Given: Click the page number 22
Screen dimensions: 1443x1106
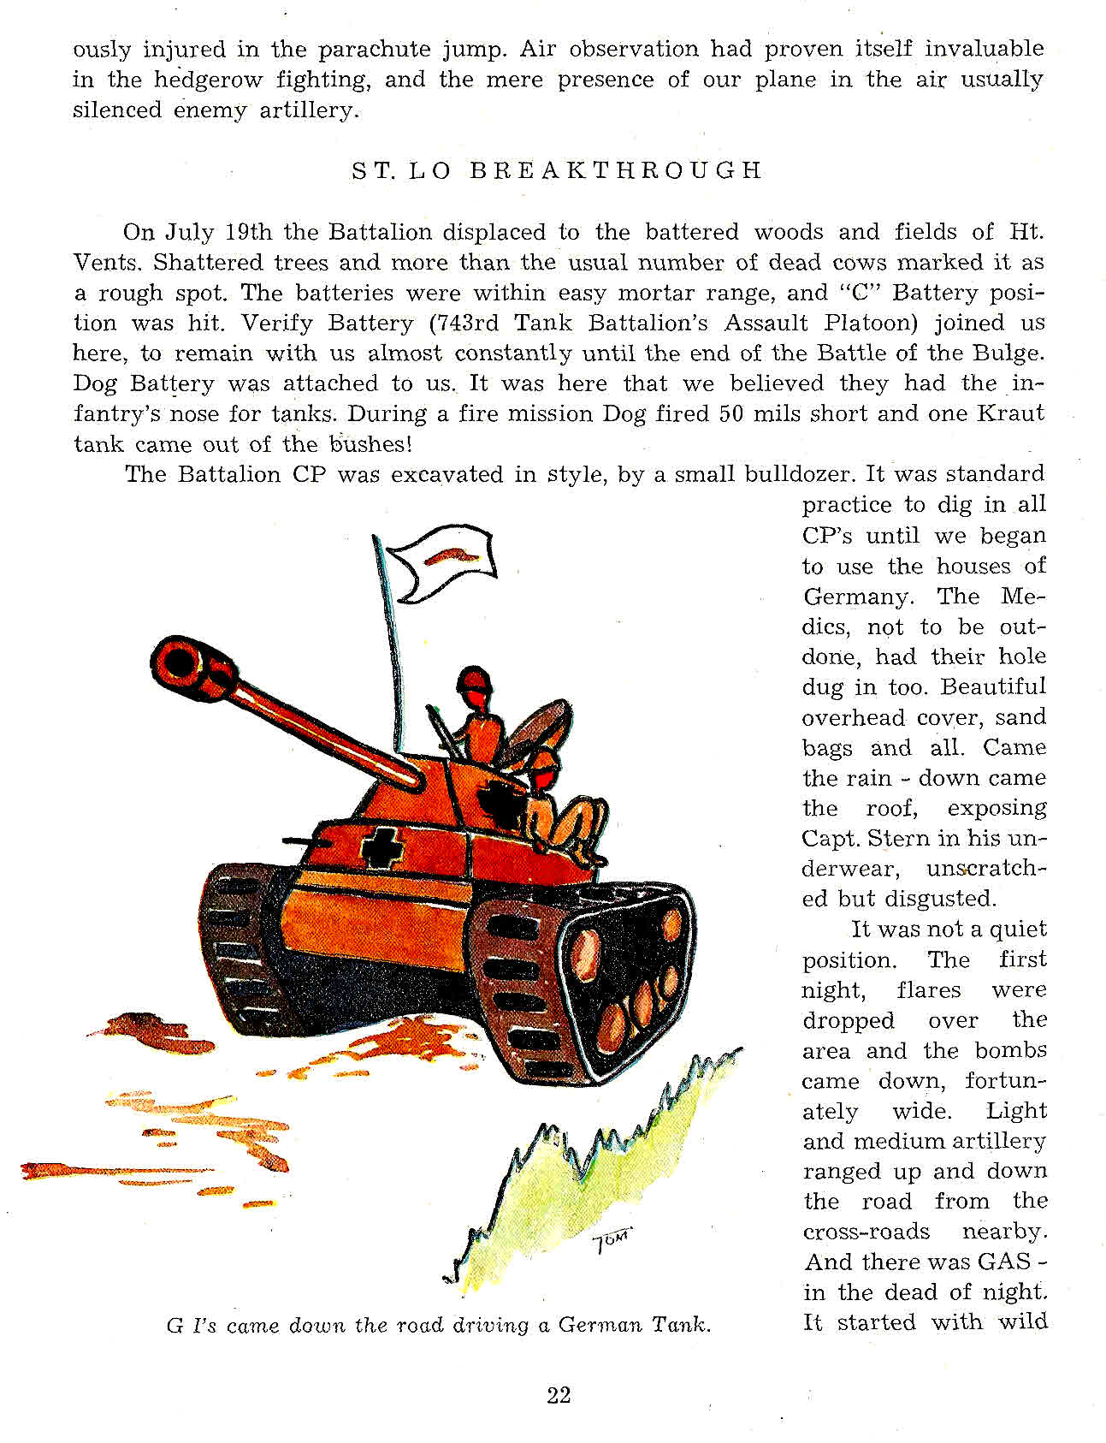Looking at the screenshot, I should click(x=559, y=1395).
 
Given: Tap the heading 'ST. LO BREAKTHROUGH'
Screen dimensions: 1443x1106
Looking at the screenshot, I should click(x=556, y=170).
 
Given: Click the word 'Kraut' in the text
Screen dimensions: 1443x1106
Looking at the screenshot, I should click(x=1010, y=413).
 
